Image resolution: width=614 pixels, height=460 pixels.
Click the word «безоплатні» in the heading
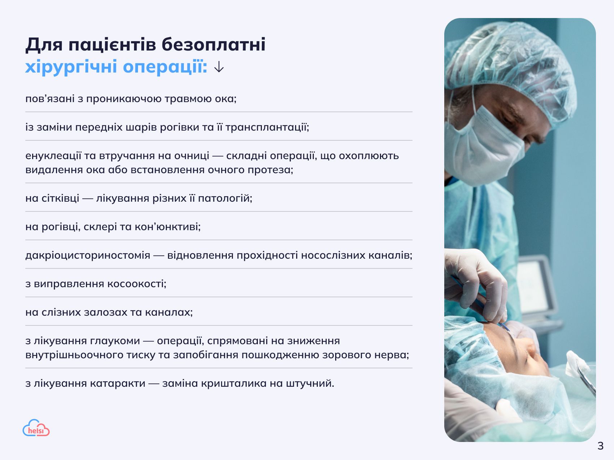(x=213, y=45)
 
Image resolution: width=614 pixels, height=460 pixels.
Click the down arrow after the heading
(x=219, y=67)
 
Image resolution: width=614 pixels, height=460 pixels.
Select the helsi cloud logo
(x=36, y=428)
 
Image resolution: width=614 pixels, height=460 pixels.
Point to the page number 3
(x=600, y=446)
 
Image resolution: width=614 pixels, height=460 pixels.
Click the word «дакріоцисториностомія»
(x=88, y=255)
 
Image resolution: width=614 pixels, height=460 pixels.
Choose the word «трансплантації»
(x=267, y=127)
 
